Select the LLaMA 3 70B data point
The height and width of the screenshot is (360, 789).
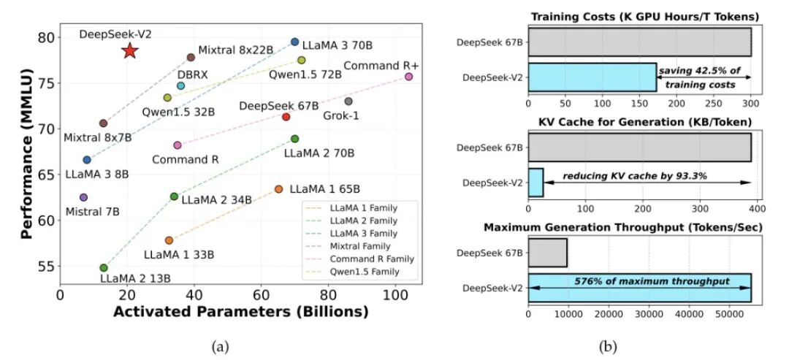[x=294, y=42]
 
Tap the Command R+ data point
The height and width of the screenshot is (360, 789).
[x=409, y=76]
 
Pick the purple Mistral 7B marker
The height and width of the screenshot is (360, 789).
[x=83, y=197]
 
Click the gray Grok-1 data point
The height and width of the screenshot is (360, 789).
[x=348, y=101]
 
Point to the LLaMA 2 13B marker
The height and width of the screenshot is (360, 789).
[x=103, y=268]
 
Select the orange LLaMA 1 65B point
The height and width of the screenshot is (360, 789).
[x=278, y=189]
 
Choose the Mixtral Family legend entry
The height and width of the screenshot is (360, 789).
[x=360, y=246]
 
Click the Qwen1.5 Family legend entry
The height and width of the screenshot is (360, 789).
[x=360, y=272]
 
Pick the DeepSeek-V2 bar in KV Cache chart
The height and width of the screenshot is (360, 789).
[x=535, y=182]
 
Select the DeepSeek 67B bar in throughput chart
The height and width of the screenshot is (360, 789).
[x=546, y=252]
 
